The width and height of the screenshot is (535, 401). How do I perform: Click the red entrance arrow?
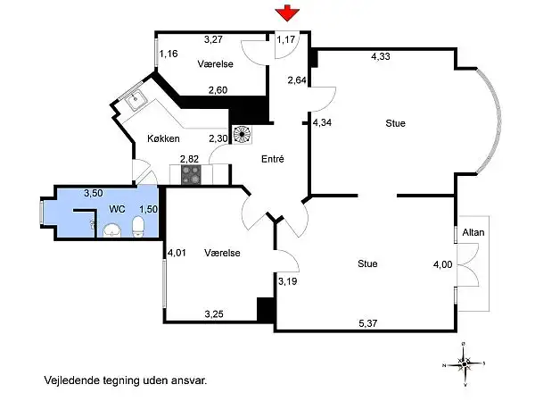click(287, 13)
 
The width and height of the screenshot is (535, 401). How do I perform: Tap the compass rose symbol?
click(464, 364)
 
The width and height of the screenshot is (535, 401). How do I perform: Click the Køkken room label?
click(163, 138)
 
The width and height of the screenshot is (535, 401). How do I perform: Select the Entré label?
click(273, 159)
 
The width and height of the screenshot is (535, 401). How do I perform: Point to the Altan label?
click(473, 232)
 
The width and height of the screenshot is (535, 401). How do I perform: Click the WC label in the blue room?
click(117, 209)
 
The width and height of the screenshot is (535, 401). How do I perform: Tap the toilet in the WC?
click(138, 226)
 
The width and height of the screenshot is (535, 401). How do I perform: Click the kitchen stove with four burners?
click(192, 175)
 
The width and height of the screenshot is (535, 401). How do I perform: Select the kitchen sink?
click(136, 99)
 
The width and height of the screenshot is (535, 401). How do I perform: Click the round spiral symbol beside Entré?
click(243, 134)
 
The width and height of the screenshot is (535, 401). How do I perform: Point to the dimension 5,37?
click(367, 323)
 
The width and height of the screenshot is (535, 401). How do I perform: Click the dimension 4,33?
click(381, 56)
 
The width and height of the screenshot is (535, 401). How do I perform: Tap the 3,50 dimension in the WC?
click(94, 193)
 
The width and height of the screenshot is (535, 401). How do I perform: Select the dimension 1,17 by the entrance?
click(286, 39)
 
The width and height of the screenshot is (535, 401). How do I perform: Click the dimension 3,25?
click(214, 313)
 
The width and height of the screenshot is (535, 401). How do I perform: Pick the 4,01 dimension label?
click(177, 253)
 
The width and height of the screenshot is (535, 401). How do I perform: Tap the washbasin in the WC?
click(112, 230)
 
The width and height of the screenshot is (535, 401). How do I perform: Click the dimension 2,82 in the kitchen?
click(189, 159)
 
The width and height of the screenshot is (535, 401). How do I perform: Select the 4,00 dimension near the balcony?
click(442, 264)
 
